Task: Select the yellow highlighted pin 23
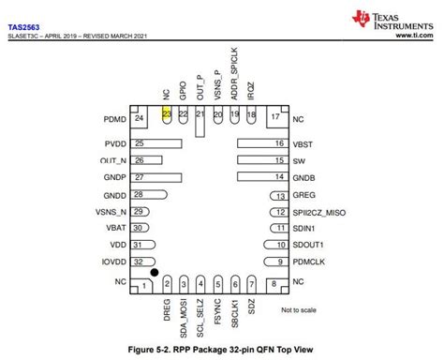click(167, 113)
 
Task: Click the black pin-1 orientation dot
click(155, 273)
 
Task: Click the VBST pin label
click(303, 144)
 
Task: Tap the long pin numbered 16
click(261, 144)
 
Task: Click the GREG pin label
click(303, 195)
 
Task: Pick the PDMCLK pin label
click(309, 262)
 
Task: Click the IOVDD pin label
click(114, 262)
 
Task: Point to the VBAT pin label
click(116, 228)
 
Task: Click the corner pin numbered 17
click(274, 119)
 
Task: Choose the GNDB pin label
click(304, 177)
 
